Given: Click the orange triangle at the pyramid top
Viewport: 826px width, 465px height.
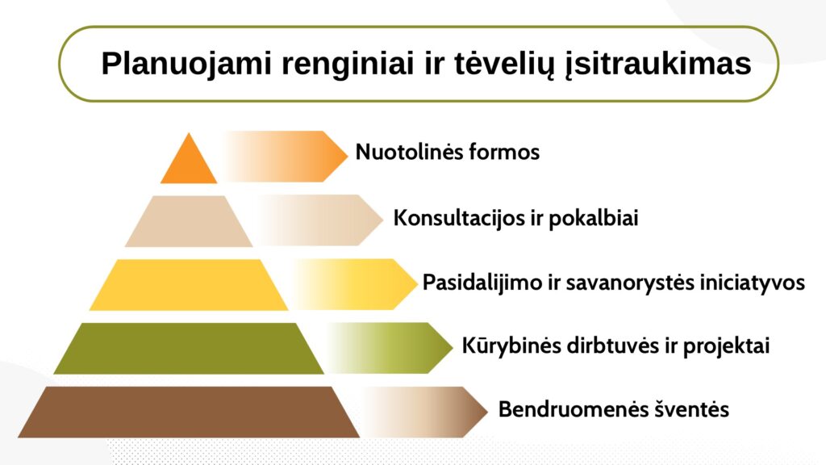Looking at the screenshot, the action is [x=189, y=163].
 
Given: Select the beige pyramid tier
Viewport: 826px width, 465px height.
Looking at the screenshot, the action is [x=189, y=221].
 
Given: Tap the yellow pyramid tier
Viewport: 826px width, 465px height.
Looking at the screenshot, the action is [x=189, y=285].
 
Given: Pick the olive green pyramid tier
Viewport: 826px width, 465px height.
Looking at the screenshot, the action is [x=189, y=349].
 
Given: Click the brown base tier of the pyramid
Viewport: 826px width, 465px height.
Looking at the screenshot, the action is [x=189, y=412].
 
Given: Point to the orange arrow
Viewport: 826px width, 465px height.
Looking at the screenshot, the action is [x=285, y=157].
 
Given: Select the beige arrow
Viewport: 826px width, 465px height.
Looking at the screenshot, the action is [x=319, y=220].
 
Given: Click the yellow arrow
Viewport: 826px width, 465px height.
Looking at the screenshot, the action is [x=355, y=284].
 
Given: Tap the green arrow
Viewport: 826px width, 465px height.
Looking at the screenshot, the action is [x=390, y=348].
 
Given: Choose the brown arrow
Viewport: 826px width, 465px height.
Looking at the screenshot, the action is [x=426, y=412].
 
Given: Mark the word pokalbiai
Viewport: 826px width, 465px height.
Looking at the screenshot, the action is [x=594, y=218].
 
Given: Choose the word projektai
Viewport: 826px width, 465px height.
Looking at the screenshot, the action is [x=727, y=346].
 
